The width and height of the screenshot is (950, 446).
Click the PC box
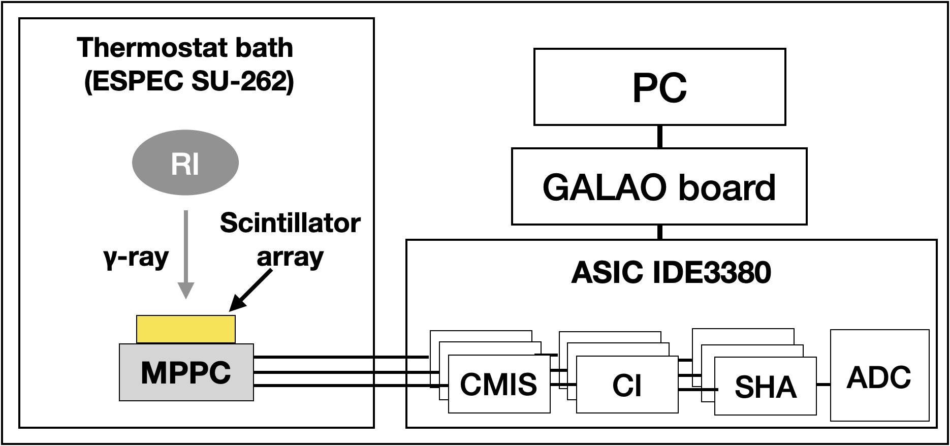click(659, 87)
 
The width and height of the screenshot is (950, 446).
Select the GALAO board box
click(659, 186)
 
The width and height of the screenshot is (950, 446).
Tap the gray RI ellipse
click(185, 163)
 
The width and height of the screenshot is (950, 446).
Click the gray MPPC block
click(186, 373)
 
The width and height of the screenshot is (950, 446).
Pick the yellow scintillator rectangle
click(186, 329)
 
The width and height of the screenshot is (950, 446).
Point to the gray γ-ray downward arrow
click(186, 254)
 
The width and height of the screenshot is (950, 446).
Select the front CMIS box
click(499, 384)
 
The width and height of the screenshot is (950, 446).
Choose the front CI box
click(627, 385)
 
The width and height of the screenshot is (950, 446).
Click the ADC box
click(879, 376)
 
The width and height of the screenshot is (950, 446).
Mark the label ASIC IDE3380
click(671, 273)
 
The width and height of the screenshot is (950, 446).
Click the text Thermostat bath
click(185, 48)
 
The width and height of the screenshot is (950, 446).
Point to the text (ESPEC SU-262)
click(189, 81)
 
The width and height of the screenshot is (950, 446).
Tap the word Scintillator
click(290, 224)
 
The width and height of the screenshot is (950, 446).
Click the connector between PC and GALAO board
click(659, 137)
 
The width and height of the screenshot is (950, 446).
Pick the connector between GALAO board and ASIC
click(659, 232)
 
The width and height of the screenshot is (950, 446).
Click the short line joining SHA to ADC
click(823, 385)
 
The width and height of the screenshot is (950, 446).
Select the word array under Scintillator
click(290, 257)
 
